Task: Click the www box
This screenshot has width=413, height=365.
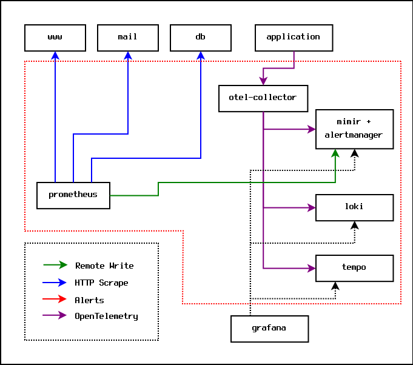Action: point(55,38)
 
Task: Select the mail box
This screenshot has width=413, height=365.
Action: point(128,38)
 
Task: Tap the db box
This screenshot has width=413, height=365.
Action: point(201,38)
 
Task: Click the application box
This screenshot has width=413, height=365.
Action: point(294,38)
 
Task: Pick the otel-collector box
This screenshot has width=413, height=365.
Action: point(263,98)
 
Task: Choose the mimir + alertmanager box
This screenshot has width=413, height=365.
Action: point(354,129)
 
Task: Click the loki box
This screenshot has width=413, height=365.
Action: point(354,207)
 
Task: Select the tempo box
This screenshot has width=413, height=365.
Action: point(354,268)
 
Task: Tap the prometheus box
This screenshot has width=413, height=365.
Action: point(73,195)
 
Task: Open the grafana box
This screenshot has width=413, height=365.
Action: point(269,329)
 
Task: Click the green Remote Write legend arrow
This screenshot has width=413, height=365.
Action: point(55,265)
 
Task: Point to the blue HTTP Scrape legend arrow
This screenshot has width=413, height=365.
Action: point(55,282)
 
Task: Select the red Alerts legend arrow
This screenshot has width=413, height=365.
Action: point(55,299)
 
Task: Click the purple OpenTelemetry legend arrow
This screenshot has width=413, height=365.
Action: point(55,315)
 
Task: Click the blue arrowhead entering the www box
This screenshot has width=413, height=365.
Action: point(55,55)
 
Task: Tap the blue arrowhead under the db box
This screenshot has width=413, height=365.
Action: point(201,55)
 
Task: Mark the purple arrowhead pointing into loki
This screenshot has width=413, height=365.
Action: point(311,207)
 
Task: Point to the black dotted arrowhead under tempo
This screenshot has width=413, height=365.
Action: point(336,286)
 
